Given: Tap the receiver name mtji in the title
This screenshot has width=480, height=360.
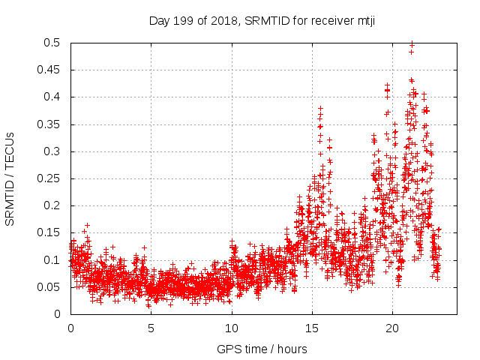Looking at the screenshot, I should pos(363,20).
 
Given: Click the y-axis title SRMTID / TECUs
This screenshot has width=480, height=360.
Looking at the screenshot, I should pos(10,178).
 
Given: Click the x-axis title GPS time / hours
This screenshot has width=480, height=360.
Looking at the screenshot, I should pos(262,349).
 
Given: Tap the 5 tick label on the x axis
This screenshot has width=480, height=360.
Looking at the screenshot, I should pos(151,328).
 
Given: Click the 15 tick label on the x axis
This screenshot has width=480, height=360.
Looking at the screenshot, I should pos(311,328).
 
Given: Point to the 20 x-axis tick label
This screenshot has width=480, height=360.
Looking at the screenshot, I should pos(391,328).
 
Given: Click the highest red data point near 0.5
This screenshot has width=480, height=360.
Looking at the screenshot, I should pos(412,44).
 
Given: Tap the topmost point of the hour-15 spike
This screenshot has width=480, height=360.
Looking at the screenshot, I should pos(321,109).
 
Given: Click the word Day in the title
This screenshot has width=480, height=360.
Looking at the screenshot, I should pos(159,20).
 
